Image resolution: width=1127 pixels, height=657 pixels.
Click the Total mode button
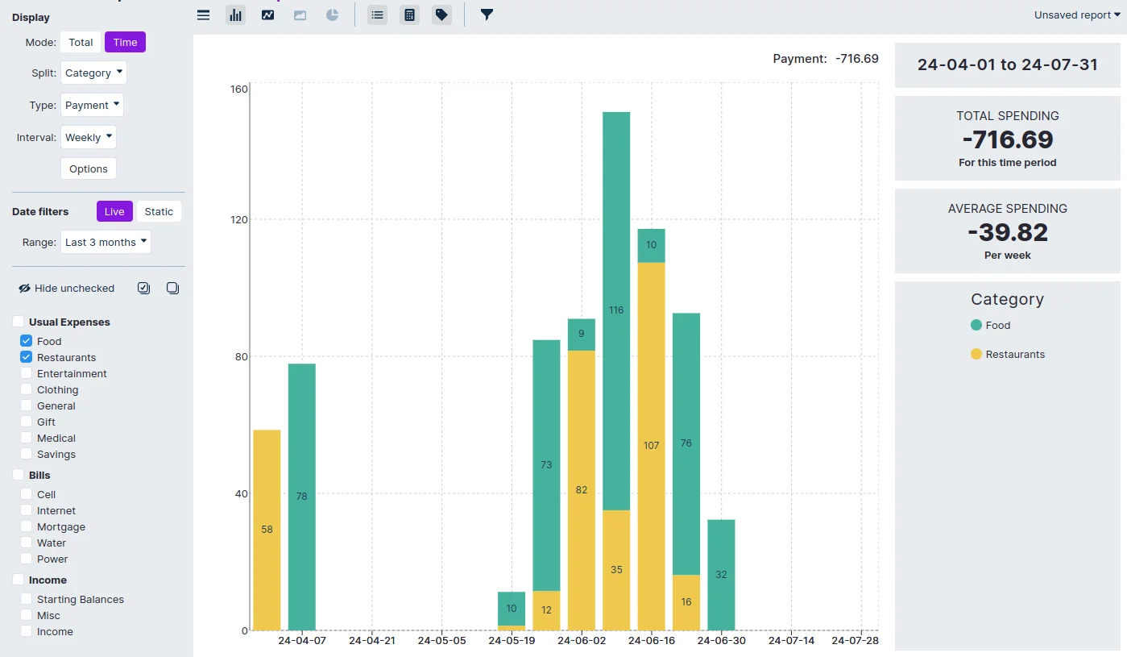point(81,42)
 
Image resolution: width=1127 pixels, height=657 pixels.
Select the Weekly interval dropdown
point(89,137)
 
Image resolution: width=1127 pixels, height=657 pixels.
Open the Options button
point(89,168)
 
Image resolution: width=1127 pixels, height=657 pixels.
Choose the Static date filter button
point(159,211)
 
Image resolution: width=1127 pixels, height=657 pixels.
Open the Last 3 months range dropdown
point(106,242)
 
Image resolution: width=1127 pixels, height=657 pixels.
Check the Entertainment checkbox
point(27,373)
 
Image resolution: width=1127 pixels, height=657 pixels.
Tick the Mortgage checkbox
point(27,526)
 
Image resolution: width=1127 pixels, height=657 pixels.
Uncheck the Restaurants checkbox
point(27,357)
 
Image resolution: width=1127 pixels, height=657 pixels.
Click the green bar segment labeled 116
point(616,310)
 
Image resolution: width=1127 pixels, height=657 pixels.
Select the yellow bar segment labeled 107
point(651,446)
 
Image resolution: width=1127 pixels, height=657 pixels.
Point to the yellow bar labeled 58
point(267,530)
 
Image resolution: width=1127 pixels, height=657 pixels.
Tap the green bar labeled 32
point(721,575)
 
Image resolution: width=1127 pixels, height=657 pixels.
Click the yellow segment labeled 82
point(582,490)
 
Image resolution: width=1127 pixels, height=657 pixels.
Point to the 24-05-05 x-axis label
point(441,641)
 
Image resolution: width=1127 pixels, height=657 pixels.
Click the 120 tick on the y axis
point(238,219)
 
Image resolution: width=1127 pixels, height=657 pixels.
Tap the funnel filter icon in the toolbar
point(487,15)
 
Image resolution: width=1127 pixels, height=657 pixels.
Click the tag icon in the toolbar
point(441,15)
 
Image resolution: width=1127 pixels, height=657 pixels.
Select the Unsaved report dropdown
point(1076,15)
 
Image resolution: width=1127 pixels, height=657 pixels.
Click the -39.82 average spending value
point(1007,232)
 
